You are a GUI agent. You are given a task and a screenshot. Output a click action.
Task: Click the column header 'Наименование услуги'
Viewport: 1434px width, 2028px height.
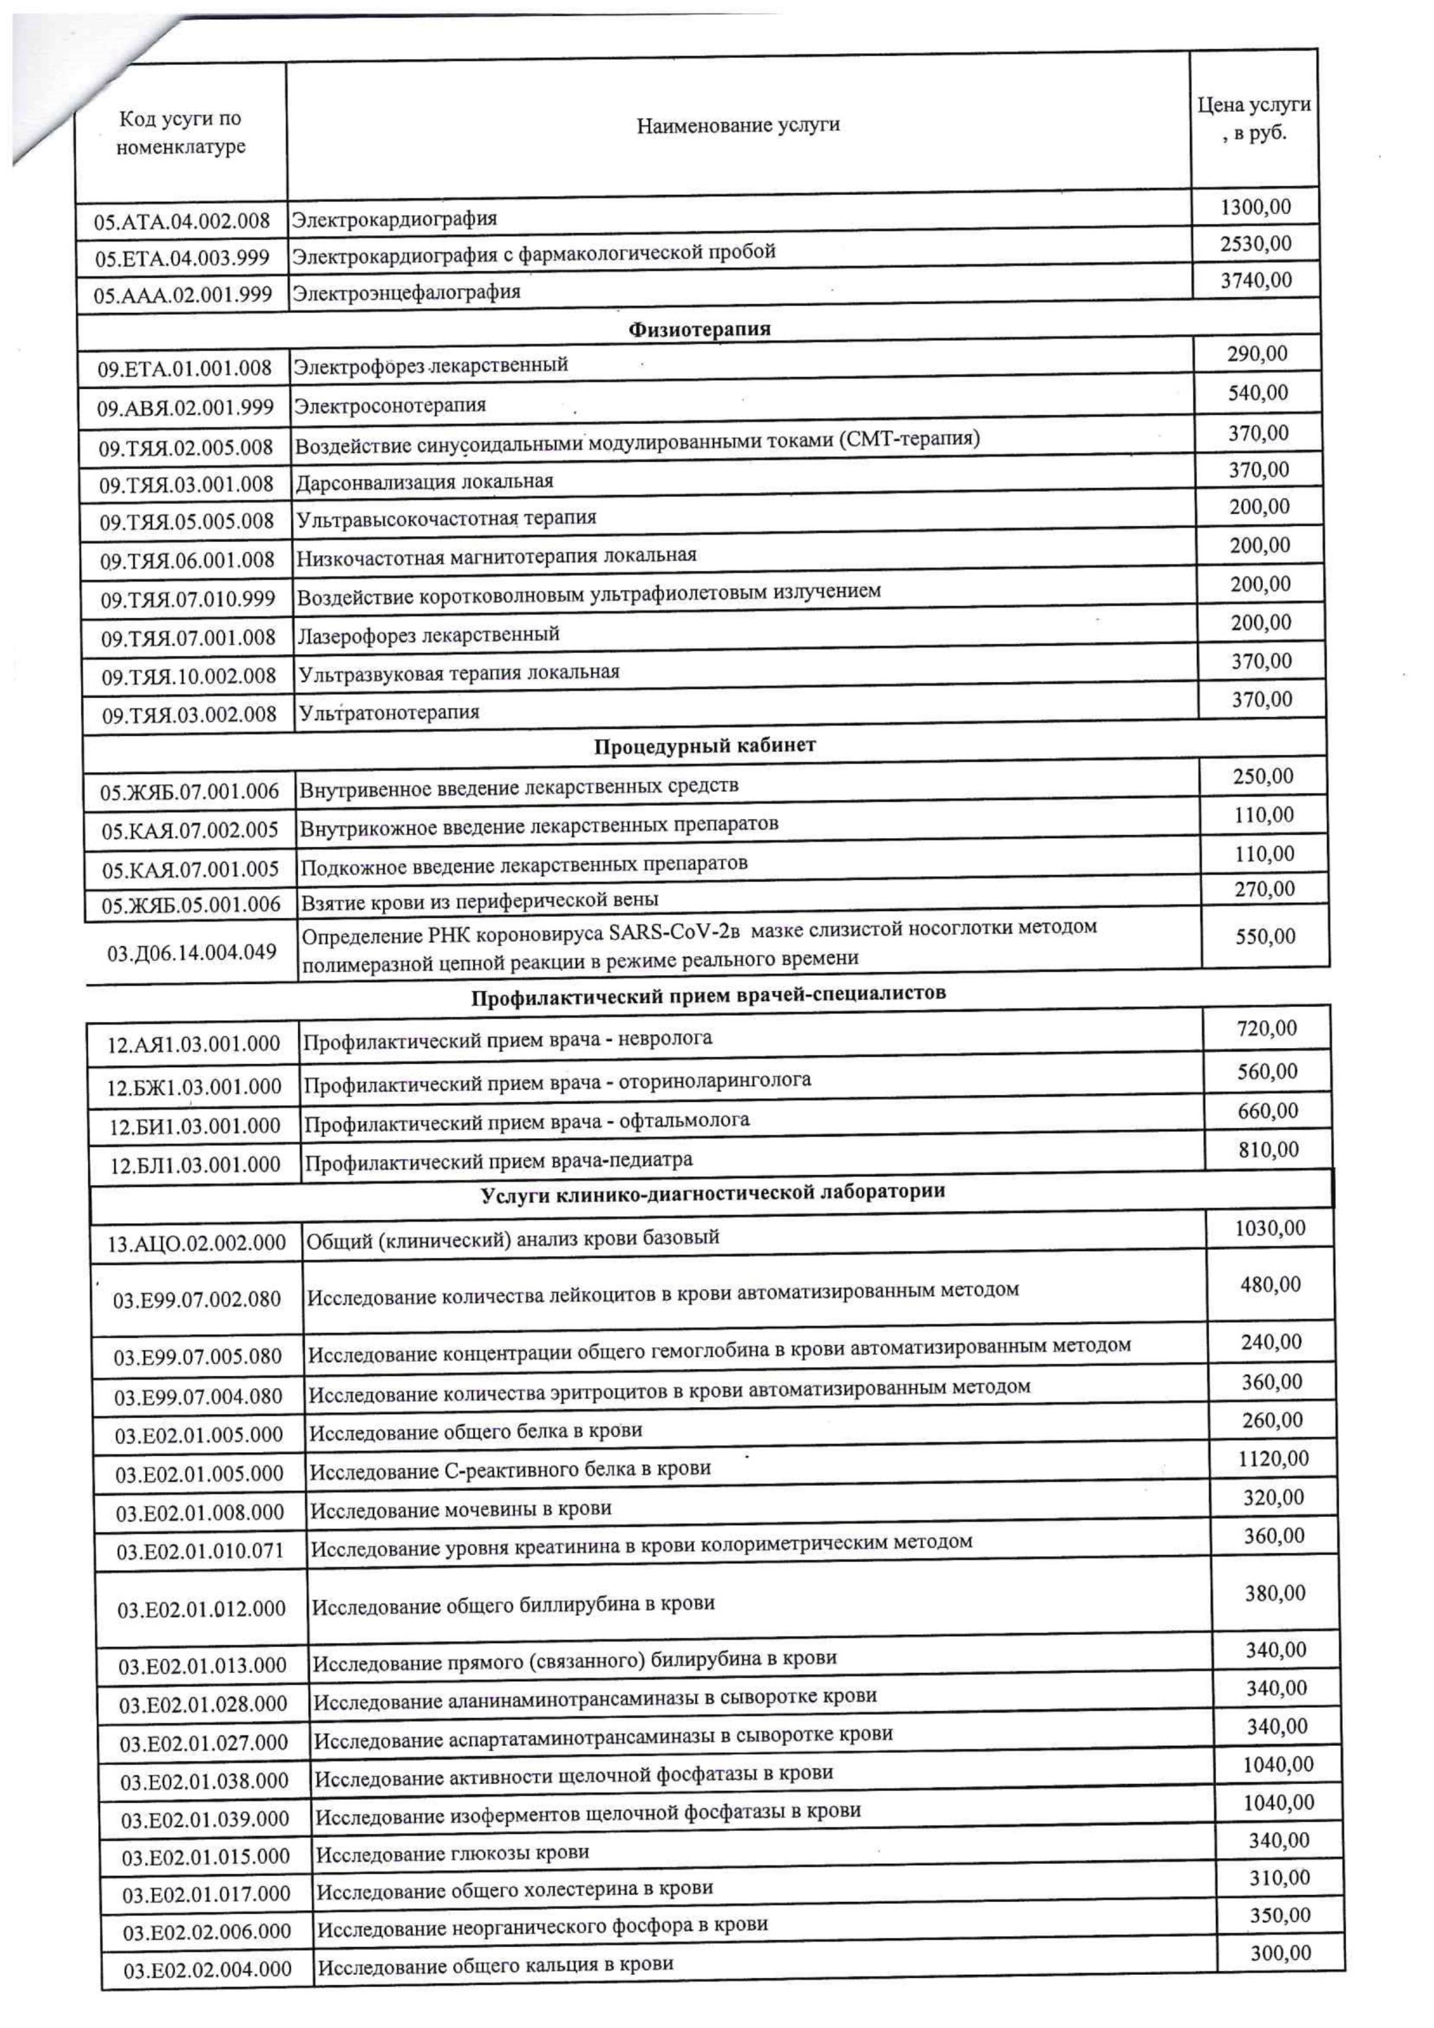click(x=737, y=125)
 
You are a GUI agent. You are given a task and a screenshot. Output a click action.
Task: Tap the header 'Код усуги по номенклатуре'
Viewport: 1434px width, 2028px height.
click(x=181, y=132)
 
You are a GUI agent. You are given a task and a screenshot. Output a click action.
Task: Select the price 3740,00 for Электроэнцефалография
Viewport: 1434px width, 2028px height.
click(x=1256, y=281)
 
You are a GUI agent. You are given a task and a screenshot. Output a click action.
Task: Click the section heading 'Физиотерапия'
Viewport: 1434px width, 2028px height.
click(x=699, y=330)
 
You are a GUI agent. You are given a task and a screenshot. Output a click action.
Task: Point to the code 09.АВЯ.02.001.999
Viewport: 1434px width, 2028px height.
click(x=185, y=408)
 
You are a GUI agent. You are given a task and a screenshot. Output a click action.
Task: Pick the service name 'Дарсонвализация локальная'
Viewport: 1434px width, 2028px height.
click(x=424, y=482)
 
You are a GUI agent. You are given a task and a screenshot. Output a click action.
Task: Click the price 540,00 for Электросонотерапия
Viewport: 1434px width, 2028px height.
click(x=1258, y=393)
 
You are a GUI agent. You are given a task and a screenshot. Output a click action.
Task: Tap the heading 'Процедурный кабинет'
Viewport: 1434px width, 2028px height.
click(x=704, y=745)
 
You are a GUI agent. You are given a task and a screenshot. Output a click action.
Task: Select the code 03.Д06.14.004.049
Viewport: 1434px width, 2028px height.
click(x=192, y=952)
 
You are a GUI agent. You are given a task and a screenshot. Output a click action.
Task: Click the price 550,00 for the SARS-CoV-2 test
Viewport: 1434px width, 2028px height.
click(x=1265, y=936)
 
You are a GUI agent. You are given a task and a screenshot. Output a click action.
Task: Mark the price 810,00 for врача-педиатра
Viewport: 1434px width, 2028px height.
click(x=1268, y=1150)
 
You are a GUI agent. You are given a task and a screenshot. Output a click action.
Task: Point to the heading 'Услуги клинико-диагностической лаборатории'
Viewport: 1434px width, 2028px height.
click(x=712, y=1192)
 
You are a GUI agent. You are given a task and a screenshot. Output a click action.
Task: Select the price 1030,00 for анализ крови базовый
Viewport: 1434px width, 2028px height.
click(x=1270, y=1228)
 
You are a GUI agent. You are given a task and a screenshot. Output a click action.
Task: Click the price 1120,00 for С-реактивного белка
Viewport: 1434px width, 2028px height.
click(x=1273, y=1458)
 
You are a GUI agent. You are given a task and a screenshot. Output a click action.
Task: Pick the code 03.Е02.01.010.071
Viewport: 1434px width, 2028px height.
click(x=200, y=1551)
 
